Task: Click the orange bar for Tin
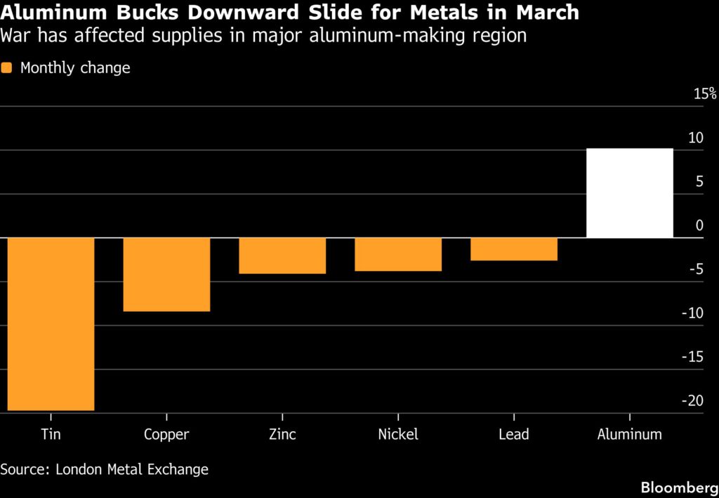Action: (51, 324)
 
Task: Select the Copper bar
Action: (166, 274)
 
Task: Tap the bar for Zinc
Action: (282, 256)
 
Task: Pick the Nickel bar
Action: (398, 254)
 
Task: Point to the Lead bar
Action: (514, 249)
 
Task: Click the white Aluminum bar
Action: (630, 193)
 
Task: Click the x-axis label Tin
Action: (51, 434)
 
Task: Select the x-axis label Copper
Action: (166, 434)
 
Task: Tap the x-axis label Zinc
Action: (282, 434)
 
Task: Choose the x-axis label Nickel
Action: (398, 434)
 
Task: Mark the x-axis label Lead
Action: (514, 434)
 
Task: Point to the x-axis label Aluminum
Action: (630, 434)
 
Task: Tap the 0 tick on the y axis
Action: (699, 225)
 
